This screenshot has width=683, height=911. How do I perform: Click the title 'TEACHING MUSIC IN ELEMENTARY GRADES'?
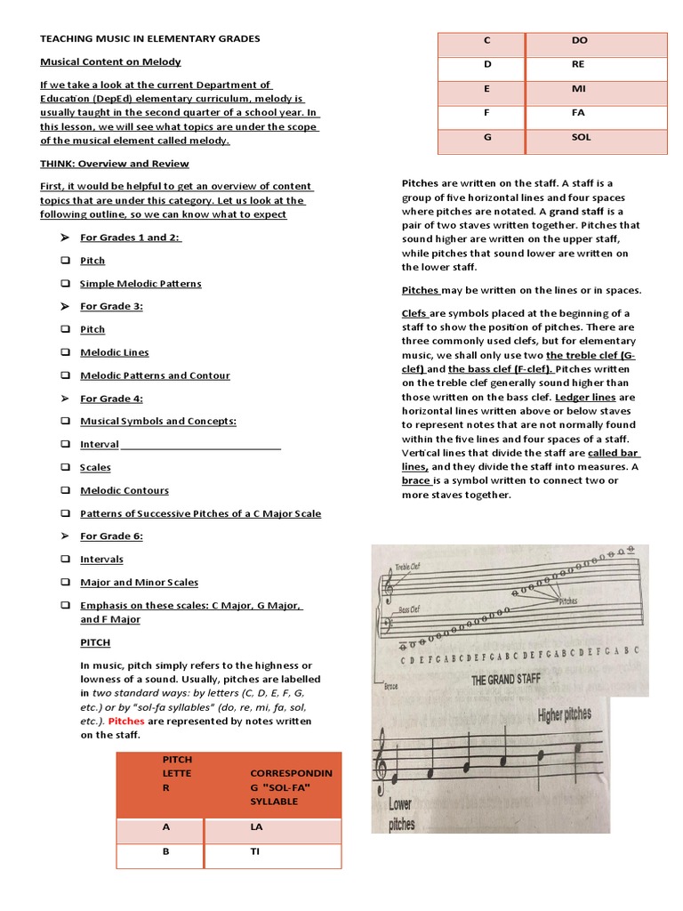[150, 39]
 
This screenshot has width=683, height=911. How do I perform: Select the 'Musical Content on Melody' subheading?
[110, 61]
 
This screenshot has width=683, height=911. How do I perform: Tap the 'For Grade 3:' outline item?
[111, 306]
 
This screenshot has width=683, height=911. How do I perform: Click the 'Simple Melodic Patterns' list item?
[141, 283]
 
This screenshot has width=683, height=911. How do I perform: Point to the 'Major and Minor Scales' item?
[139, 582]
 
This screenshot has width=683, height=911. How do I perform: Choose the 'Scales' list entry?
[95, 467]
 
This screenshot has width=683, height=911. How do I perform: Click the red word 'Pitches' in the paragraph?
[125, 722]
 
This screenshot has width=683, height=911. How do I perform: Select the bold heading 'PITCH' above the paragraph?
[95, 642]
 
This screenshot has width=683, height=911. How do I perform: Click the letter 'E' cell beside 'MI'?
[486, 89]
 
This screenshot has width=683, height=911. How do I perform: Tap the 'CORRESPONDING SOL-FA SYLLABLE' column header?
[291, 786]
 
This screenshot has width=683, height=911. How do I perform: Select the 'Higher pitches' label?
[575, 714]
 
